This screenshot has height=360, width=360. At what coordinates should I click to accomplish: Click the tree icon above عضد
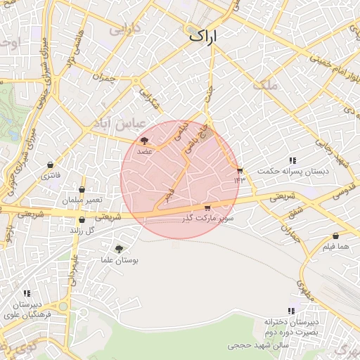pos(145,141)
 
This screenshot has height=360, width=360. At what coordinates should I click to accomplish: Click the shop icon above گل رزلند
pos(82,220)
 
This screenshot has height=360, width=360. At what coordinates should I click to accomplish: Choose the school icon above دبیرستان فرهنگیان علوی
pos(27,293)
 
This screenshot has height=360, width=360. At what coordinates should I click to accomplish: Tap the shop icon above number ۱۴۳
pos(240,171)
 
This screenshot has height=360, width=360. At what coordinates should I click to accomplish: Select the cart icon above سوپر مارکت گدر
pos(207,208)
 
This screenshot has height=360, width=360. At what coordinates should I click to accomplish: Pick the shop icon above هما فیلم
pos(335,236)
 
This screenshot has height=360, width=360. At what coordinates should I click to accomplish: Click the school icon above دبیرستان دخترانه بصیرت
pos(291,311)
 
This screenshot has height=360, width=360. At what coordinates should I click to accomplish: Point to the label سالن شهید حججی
pos(254,345)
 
